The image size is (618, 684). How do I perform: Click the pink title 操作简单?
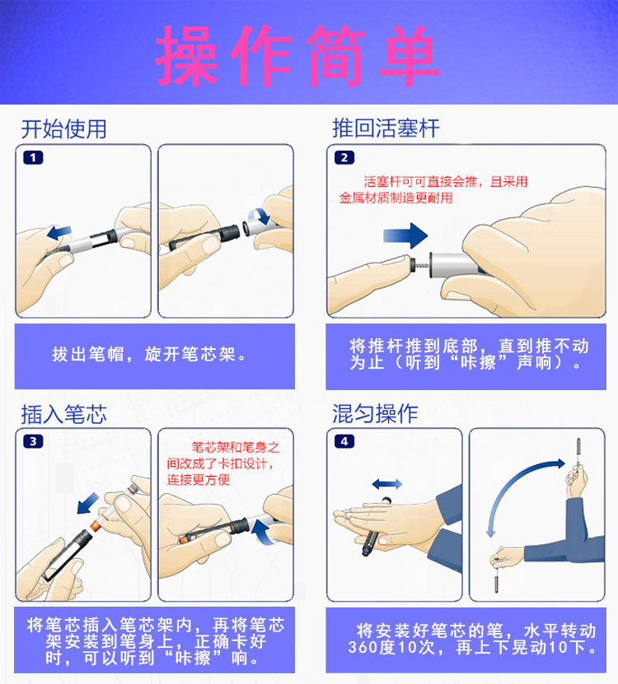(297, 55)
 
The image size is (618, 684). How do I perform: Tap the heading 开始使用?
(63, 129)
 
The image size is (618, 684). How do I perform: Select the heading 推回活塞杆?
(386, 128)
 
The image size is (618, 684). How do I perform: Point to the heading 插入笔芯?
(63, 414)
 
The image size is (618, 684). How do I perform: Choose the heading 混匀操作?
(375, 413)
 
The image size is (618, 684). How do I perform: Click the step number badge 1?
(33, 157)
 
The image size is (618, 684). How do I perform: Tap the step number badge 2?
(344, 157)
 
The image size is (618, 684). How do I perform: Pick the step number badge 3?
(33, 441)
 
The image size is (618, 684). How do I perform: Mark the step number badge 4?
(344, 441)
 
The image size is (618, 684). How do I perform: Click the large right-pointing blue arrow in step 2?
(405, 235)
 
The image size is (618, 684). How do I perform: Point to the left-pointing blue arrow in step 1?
(59, 232)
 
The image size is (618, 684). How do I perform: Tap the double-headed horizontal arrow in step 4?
(387, 484)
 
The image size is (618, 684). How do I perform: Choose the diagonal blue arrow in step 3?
(88, 504)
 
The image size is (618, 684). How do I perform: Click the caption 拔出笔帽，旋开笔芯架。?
(149, 354)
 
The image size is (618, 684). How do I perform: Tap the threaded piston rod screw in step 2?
(421, 265)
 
